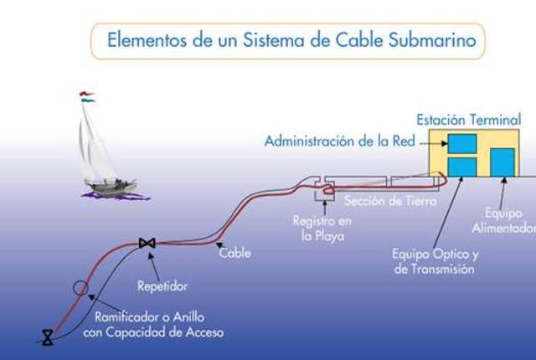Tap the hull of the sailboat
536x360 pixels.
click(x=110, y=188)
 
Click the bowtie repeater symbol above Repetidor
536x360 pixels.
click(x=147, y=244)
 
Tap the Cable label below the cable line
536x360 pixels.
click(x=234, y=252)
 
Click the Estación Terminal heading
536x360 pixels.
click(x=468, y=121)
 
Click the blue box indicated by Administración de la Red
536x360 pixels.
click(x=462, y=143)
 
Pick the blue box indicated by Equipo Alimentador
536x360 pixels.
click(x=502, y=162)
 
